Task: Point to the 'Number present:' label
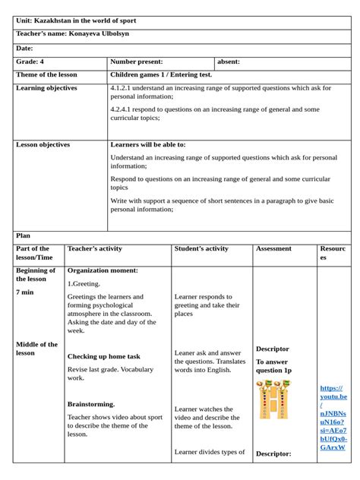click(137, 62)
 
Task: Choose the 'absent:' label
click(229, 62)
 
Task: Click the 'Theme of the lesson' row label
click(46, 74)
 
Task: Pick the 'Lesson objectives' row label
click(43, 144)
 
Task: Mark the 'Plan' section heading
click(24, 236)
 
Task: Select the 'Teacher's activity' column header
click(95, 248)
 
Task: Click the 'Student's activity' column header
click(201, 248)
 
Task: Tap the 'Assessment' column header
click(273, 248)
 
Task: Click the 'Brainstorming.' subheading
click(91, 404)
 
